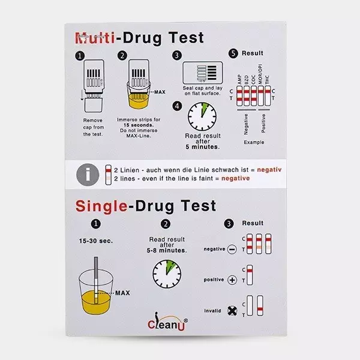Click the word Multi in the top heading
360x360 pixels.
pyautogui.click(x=93, y=38)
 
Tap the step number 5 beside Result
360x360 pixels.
pyautogui.click(x=233, y=53)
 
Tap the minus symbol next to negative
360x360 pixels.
pyautogui.click(x=232, y=249)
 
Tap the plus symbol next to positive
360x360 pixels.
pyautogui.click(x=232, y=280)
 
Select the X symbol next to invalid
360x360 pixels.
pyautogui.click(x=232, y=311)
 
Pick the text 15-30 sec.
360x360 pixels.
pyautogui.click(x=94, y=241)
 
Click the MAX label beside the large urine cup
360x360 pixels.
pyautogui.click(x=122, y=293)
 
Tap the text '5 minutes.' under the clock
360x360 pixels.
pyautogui.click(x=202, y=146)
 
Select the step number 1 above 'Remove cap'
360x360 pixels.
pyautogui.click(x=79, y=56)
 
